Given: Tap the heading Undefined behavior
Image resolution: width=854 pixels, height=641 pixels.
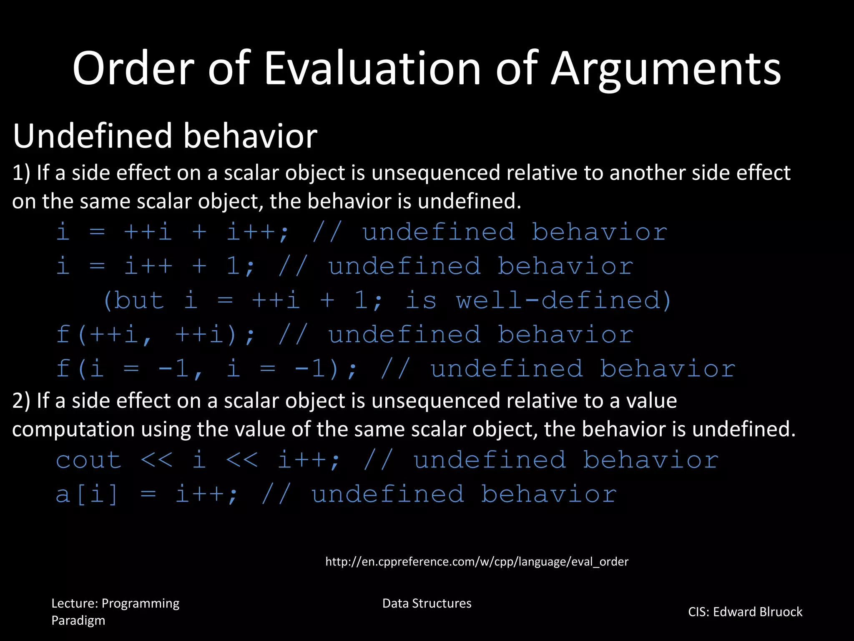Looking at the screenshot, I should point(165,136).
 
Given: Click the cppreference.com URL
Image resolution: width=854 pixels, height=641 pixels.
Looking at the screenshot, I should point(477,562).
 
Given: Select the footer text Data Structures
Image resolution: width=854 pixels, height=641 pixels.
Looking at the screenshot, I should point(427,603).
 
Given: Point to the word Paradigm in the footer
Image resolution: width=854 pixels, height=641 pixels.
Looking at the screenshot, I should point(78,621).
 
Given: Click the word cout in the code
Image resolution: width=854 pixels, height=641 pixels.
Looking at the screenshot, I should point(89,460).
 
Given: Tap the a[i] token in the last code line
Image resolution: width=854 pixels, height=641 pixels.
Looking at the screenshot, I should point(87,495).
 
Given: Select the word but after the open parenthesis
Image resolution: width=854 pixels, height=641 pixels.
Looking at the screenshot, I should point(138,300).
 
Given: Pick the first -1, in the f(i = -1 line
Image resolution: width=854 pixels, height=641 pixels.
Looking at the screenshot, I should point(180,369).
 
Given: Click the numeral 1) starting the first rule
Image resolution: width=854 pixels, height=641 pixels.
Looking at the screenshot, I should point(21,173).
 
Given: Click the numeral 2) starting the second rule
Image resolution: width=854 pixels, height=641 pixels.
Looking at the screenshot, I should point(21,401).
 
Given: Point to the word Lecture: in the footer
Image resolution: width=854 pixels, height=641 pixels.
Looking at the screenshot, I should point(75,603).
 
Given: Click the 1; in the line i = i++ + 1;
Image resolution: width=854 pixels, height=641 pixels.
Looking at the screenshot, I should point(240,266).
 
